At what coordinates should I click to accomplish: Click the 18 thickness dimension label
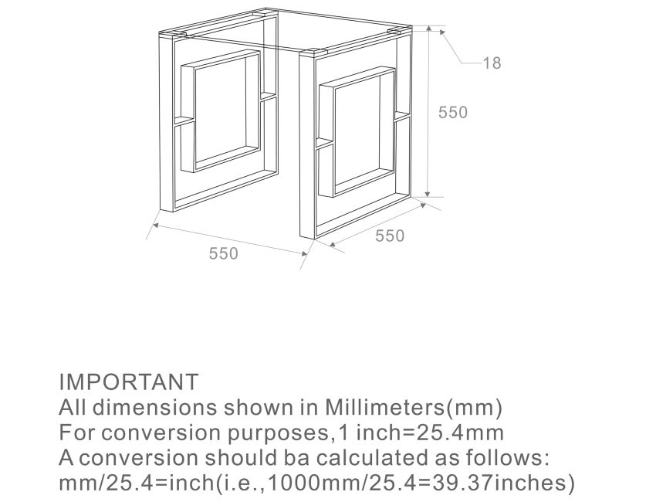pyautogui.click(x=492, y=63)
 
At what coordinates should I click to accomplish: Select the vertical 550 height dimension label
pyautogui.click(x=453, y=112)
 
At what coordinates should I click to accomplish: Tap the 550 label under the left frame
pyautogui.click(x=223, y=253)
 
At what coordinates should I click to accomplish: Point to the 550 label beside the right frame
pyautogui.click(x=390, y=236)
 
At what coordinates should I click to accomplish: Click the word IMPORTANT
pyautogui.click(x=128, y=382)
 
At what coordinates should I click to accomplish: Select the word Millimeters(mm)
pyautogui.click(x=414, y=407)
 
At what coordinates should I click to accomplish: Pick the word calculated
pyautogui.click(x=370, y=457)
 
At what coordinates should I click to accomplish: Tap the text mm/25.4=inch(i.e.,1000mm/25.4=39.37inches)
pyautogui.click(x=316, y=483)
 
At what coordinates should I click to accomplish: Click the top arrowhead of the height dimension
pyautogui.click(x=428, y=28)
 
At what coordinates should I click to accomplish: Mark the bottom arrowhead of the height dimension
pyautogui.click(x=428, y=194)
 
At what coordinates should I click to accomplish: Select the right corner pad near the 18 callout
pyautogui.click(x=399, y=31)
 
